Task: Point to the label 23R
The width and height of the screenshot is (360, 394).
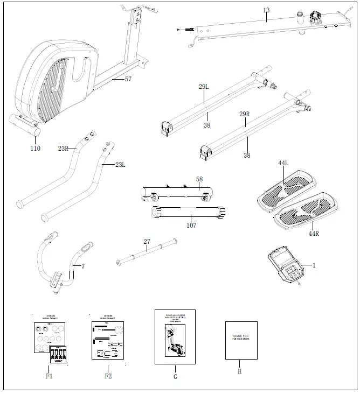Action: click(x=63, y=148)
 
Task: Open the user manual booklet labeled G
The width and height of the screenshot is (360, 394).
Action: click(x=175, y=337)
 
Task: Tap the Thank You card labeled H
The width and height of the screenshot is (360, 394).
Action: click(x=240, y=340)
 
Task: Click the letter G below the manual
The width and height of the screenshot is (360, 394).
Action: click(x=175, y=377)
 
